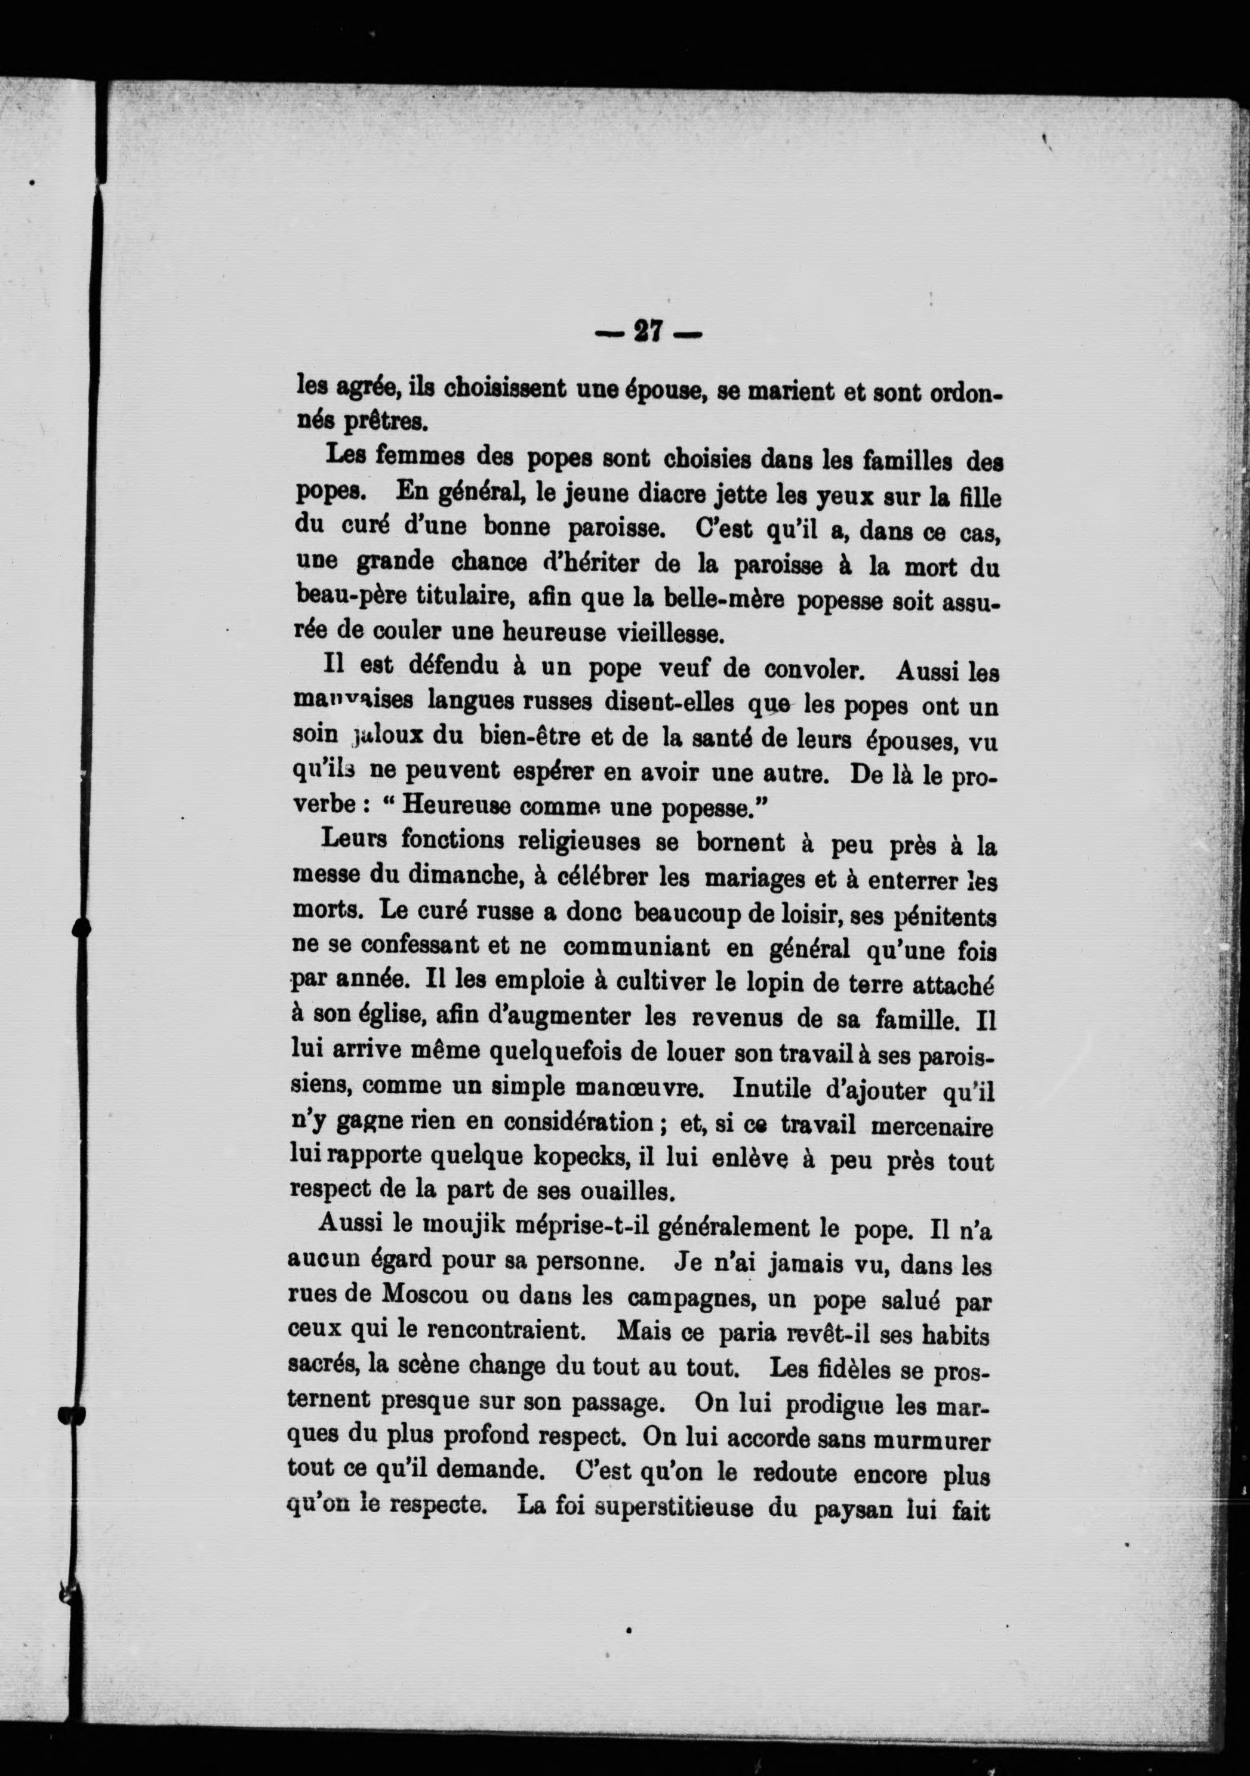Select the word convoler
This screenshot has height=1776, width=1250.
pos(813,670)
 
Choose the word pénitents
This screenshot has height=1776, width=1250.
pos(944,918)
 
